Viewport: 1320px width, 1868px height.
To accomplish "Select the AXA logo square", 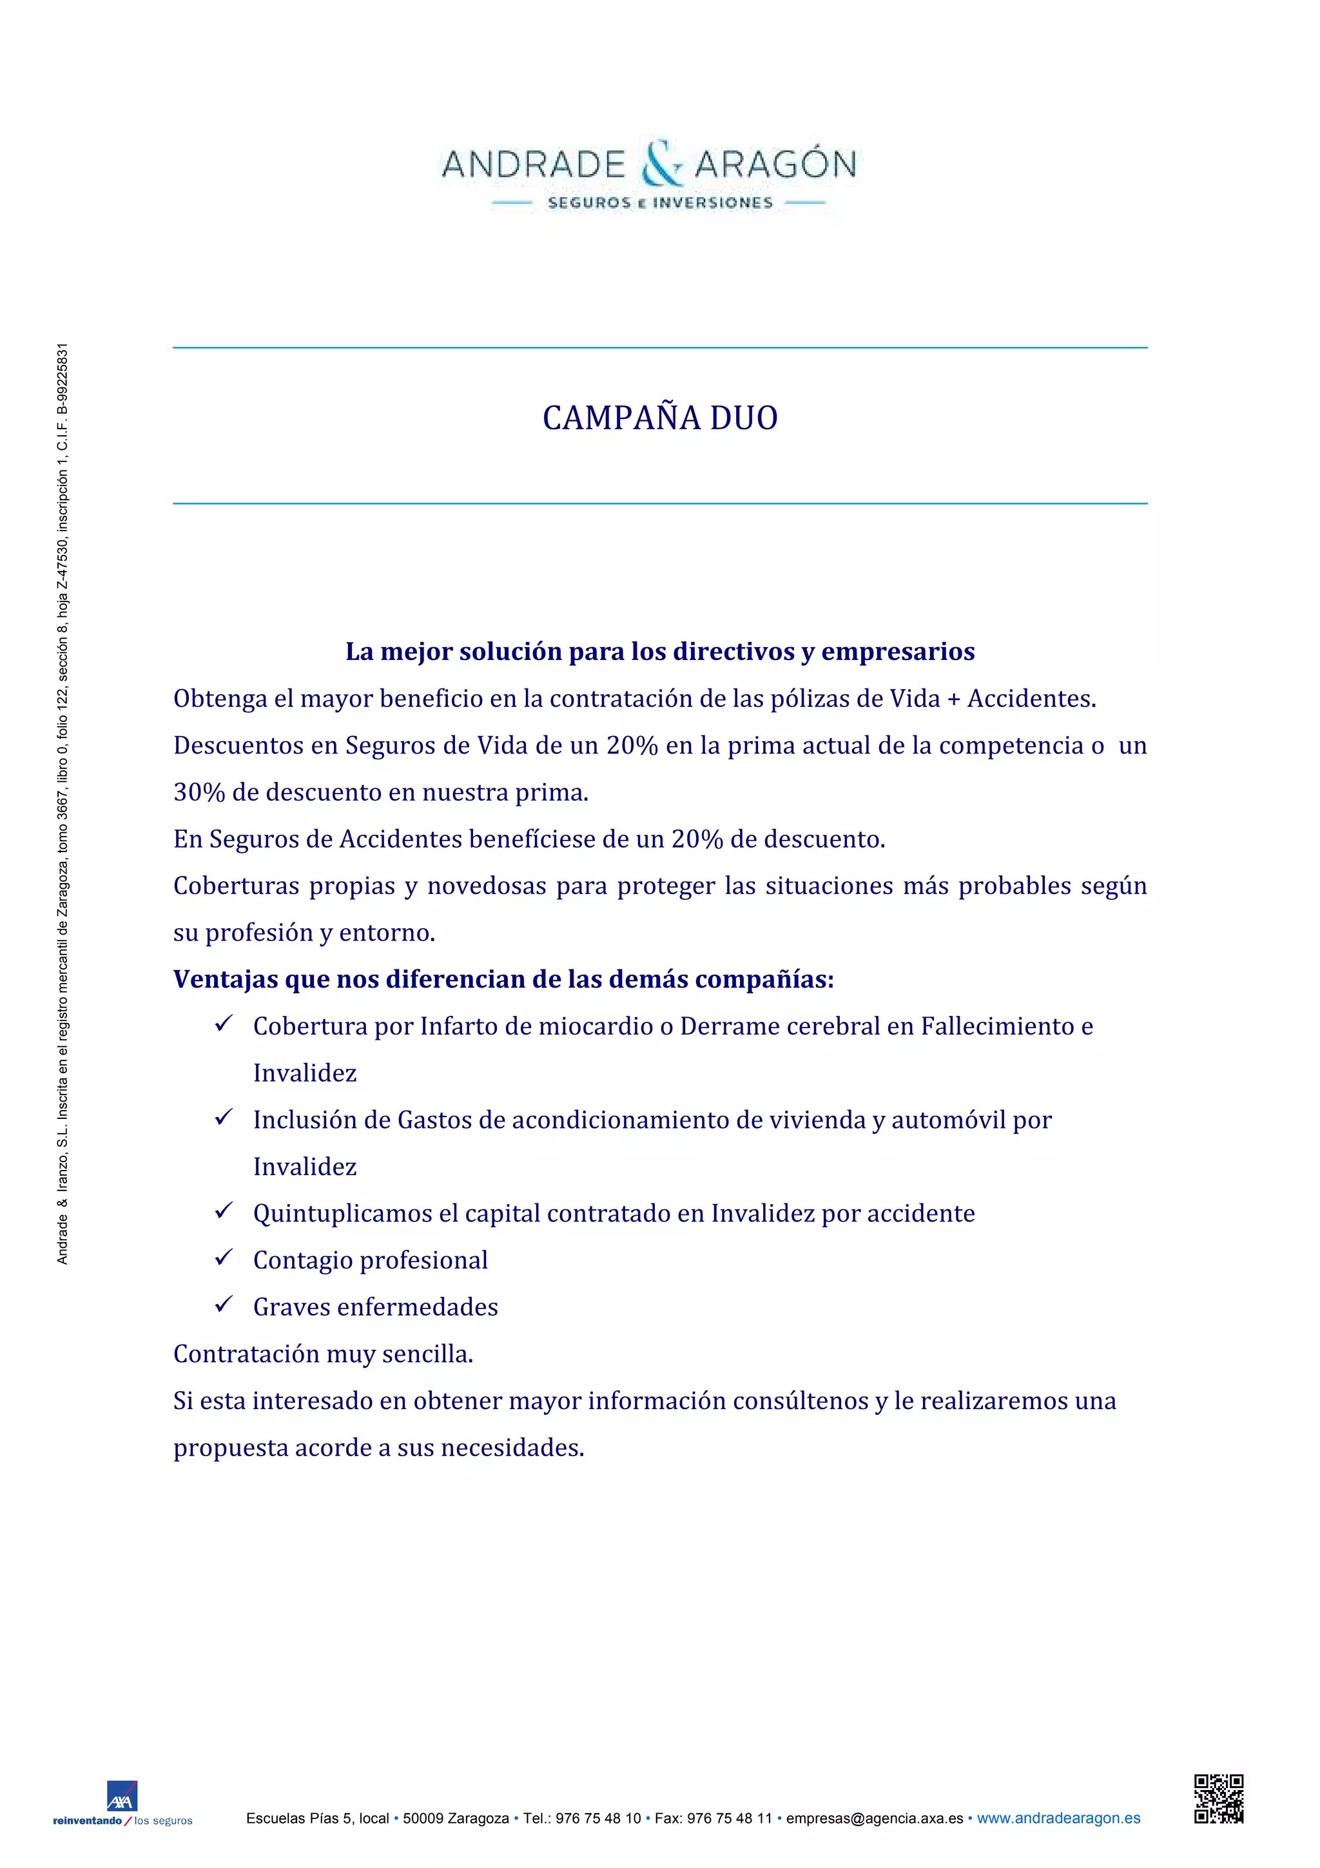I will [x=122, y=1795].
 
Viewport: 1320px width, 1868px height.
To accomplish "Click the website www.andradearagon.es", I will [x=1058, y=1818].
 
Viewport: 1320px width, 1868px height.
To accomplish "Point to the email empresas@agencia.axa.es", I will [x=875, y=1818].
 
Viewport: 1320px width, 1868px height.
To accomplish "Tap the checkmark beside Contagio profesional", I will [x=224, y=1258].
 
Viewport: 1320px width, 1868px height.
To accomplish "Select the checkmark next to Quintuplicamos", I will [x=224, y=1211].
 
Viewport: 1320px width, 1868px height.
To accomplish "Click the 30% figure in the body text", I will [x=199, y=792].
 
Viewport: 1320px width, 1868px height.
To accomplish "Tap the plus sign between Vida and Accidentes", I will [x=953, y=699].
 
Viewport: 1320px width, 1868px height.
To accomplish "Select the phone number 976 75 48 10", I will [x=597, y=1818].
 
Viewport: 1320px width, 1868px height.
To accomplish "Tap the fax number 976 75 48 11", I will [x=730, y=1818].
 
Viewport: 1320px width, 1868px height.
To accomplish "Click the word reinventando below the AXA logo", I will [x=86, y=1821].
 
